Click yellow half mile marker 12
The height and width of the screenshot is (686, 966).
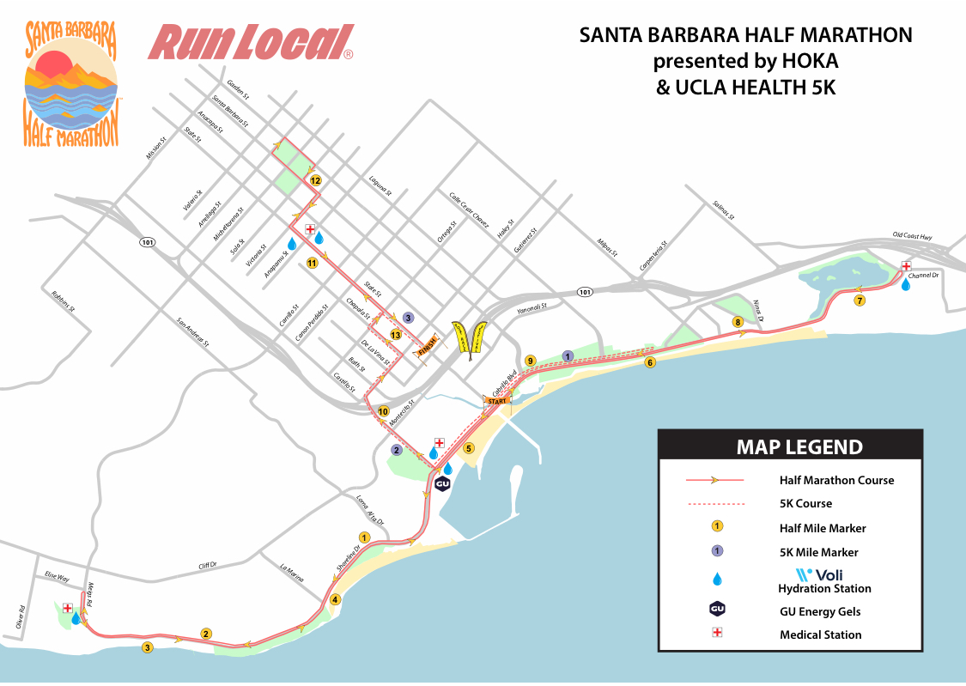click(315, 181)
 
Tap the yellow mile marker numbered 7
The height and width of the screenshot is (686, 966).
click(860, 301)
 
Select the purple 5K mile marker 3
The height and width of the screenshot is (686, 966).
click(408, 318)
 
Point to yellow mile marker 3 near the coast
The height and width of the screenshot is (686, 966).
click(148, 648)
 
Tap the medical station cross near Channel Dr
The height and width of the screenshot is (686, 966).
click(906, 267)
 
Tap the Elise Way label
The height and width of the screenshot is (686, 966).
click(56, 579)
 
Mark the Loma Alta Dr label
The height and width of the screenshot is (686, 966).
click(369, 509)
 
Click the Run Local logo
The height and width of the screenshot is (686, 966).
click(252, 43)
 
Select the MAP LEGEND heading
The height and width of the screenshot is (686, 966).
click(799, 447)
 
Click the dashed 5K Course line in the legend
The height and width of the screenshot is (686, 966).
click(714, 504)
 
